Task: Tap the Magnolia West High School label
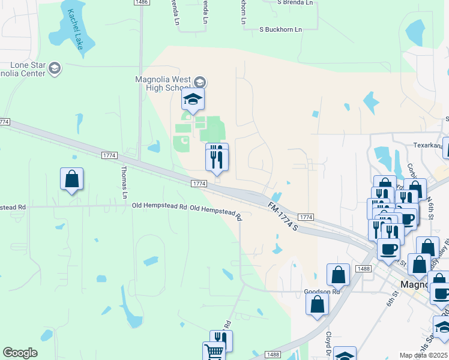pos(163,84)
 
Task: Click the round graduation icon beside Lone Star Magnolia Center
pos(55,68)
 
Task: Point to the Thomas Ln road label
pos(124,182)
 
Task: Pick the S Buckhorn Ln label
pos(280,29)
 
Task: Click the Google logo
pos(20,353)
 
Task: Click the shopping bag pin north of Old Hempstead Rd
pos(71,179)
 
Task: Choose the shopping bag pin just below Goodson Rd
pos(317,304)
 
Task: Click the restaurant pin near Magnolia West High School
pos(217,158)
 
